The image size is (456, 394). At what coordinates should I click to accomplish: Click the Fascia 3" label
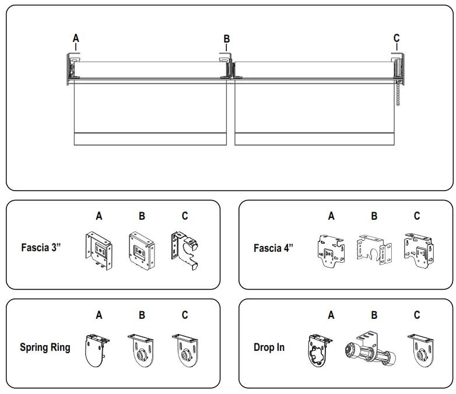click(41, 247)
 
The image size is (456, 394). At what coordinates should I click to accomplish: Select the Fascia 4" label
click(273, 248)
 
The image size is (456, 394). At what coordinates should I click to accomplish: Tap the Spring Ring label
click(45, 347)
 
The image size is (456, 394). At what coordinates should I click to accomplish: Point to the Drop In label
click(269, 347)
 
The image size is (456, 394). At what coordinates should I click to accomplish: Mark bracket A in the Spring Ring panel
click(97, 350)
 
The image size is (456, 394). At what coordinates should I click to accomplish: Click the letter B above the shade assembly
click(227, 39)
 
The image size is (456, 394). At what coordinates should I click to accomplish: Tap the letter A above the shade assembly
click(76, 38)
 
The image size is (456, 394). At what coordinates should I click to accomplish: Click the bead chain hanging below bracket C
click(398, 93)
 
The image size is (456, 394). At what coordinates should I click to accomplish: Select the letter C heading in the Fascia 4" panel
click(417, 216)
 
